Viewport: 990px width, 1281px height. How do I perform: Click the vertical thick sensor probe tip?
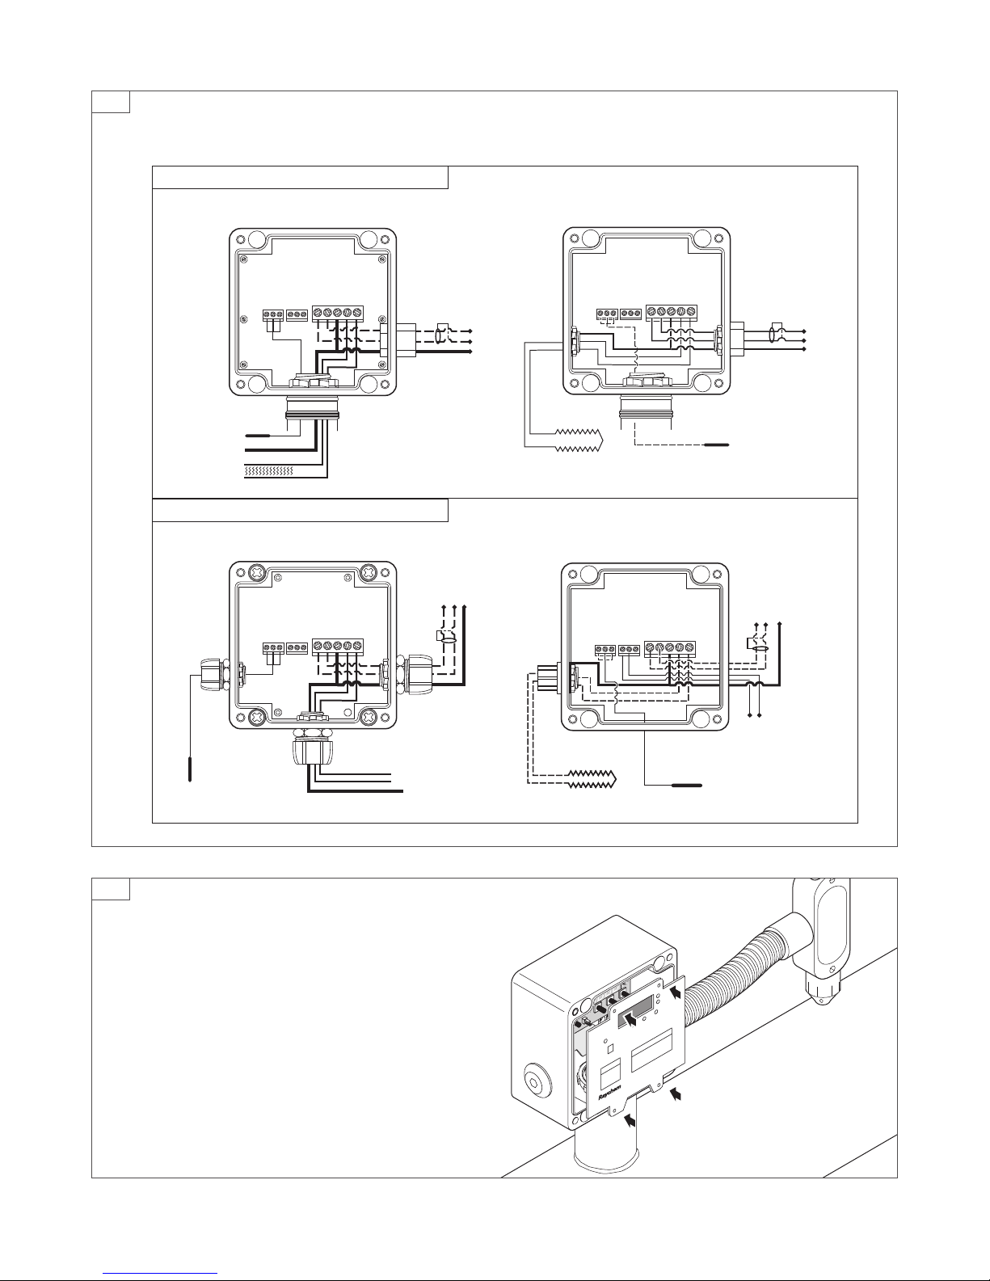190,767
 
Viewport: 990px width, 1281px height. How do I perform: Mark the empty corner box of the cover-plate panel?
111,888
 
